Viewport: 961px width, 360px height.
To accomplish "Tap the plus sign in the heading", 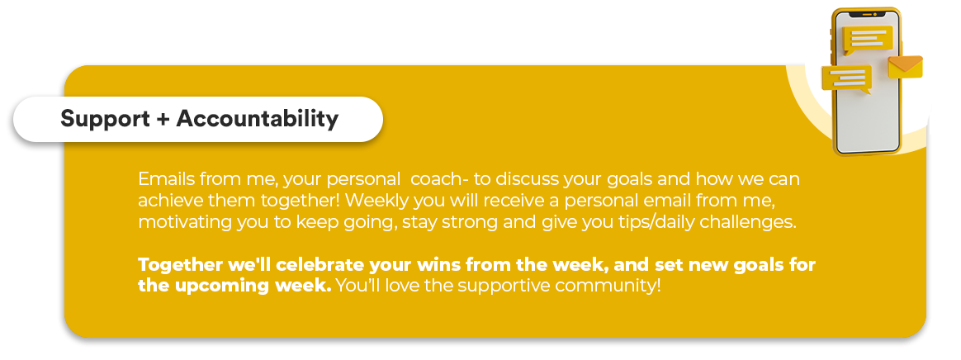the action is point(163,119).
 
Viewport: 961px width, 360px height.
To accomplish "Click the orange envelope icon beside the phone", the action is point(905,67).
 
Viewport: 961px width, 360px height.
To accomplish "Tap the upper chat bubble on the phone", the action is point(868,40).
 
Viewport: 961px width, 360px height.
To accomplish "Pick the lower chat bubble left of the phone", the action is point(847,79).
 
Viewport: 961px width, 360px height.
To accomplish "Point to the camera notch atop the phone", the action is point(866,13).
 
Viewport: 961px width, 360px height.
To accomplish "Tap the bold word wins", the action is point(439,265).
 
